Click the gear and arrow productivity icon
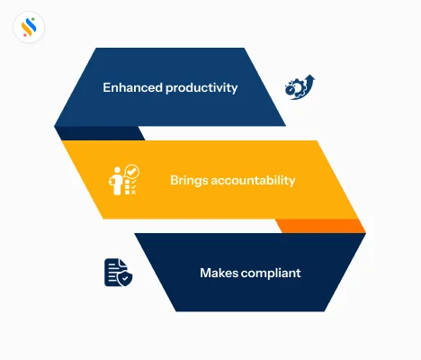pyautogui.click(x=300, y=87)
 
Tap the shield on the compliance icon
pyautogui.click(x=125, y=279)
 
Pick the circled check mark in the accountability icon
pyautogui.click(x=131, y=170)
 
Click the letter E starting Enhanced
pyautogui.click(x=107, y=87)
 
